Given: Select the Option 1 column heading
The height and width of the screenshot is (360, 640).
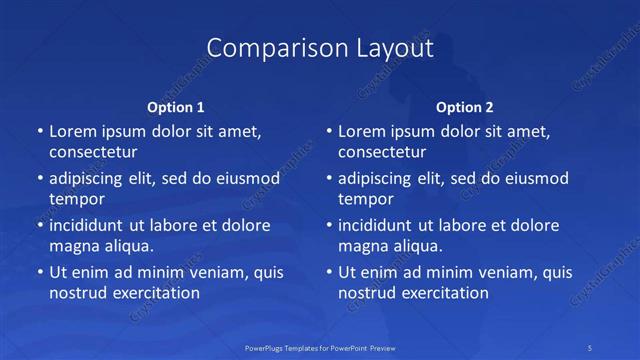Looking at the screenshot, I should click(x=175, y=107).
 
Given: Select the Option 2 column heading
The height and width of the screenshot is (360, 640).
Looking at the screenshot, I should click(x=464, y=107).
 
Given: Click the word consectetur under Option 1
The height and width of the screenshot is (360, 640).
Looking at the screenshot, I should click(x=93, y=152).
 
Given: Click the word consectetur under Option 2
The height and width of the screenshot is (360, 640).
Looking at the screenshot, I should click(x=382, y=152).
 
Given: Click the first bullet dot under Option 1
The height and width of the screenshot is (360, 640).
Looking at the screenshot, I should click(x=39, y=132).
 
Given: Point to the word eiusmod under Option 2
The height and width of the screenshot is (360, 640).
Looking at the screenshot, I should click(x=536, y=179).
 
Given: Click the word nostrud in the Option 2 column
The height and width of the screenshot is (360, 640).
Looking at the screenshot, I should click(x=367, y=293).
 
